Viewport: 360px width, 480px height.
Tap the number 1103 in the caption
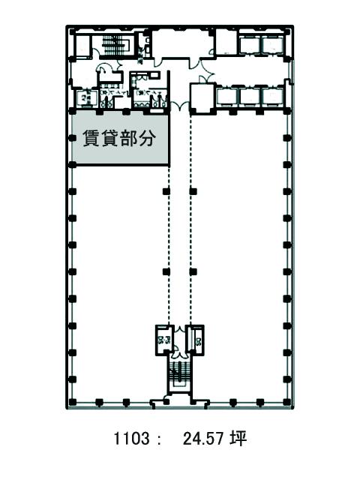(131, 439)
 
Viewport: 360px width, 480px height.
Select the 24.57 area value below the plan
(203, 439)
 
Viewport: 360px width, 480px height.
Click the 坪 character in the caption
(238, 438)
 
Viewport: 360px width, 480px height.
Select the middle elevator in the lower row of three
(250, 96)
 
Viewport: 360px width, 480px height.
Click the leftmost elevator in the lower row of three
(226, 96)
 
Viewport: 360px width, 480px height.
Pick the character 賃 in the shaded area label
(91, 139)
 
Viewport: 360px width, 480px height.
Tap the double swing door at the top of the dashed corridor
(180, 106)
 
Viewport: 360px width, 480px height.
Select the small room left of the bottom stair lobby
(164, 340)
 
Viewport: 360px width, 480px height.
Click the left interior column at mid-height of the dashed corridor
(166, 271)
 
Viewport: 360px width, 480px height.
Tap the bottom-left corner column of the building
(72, 402)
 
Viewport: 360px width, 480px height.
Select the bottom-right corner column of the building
(286, 402)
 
